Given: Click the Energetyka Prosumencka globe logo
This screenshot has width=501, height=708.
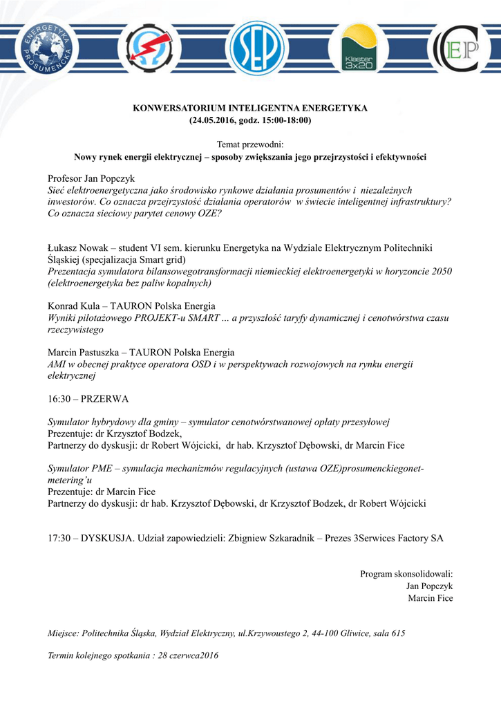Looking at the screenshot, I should (x=49, y=48).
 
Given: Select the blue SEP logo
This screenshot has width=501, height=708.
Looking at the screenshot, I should (x=256, y=48).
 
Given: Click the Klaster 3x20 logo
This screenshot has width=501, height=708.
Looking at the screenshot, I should (x=359, y=50).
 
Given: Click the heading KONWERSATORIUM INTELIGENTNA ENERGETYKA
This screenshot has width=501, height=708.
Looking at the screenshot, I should (x=250, y=109).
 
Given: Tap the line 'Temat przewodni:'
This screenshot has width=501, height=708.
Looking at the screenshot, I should (x=250, y=145).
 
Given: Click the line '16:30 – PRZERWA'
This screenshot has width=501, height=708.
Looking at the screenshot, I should (x=88, y=399).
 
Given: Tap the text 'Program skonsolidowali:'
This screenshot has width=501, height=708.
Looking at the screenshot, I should (x=406, y=574).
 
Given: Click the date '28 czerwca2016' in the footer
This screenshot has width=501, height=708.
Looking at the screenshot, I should (x=188, y=655).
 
